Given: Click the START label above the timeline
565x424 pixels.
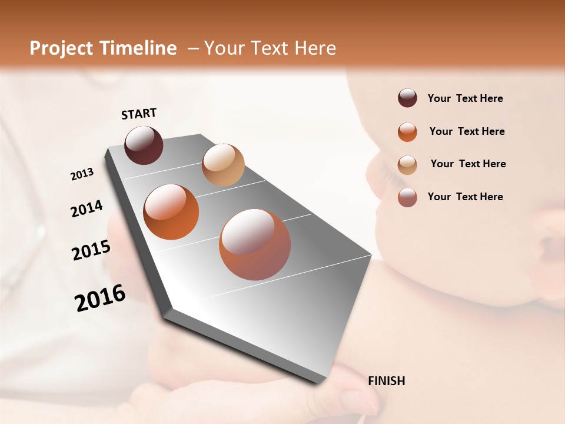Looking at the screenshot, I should tap(139, 114).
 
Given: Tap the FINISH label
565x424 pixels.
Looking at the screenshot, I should tap(387, 381).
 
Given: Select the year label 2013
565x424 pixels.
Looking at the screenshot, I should tap(82, 174).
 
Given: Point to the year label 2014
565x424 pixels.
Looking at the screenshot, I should tap(87, 209).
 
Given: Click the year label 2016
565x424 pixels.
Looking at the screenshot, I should tap(100, 298).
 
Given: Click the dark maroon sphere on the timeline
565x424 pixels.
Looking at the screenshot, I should tap(144, 145).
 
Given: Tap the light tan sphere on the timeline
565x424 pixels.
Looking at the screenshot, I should tap(223, 165).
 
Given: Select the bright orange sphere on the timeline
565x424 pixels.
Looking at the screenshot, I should tap(171, 212).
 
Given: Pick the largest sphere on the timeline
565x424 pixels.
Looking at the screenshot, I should tap(255, 244).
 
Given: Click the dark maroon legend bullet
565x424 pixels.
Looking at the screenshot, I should tap(407, 98).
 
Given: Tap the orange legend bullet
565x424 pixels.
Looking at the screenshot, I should tap(407, 132).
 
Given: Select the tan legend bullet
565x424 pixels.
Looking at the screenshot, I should tap(407, 164).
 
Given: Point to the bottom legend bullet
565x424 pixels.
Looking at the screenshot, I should tap(407, 197).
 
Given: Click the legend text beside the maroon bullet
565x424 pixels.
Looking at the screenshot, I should tap(465, 98).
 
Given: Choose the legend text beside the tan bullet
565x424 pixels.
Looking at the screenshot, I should tap(468, 164).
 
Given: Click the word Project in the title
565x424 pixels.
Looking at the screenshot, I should tap(61, 48).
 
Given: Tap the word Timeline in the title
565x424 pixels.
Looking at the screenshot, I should tap(138, 48).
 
